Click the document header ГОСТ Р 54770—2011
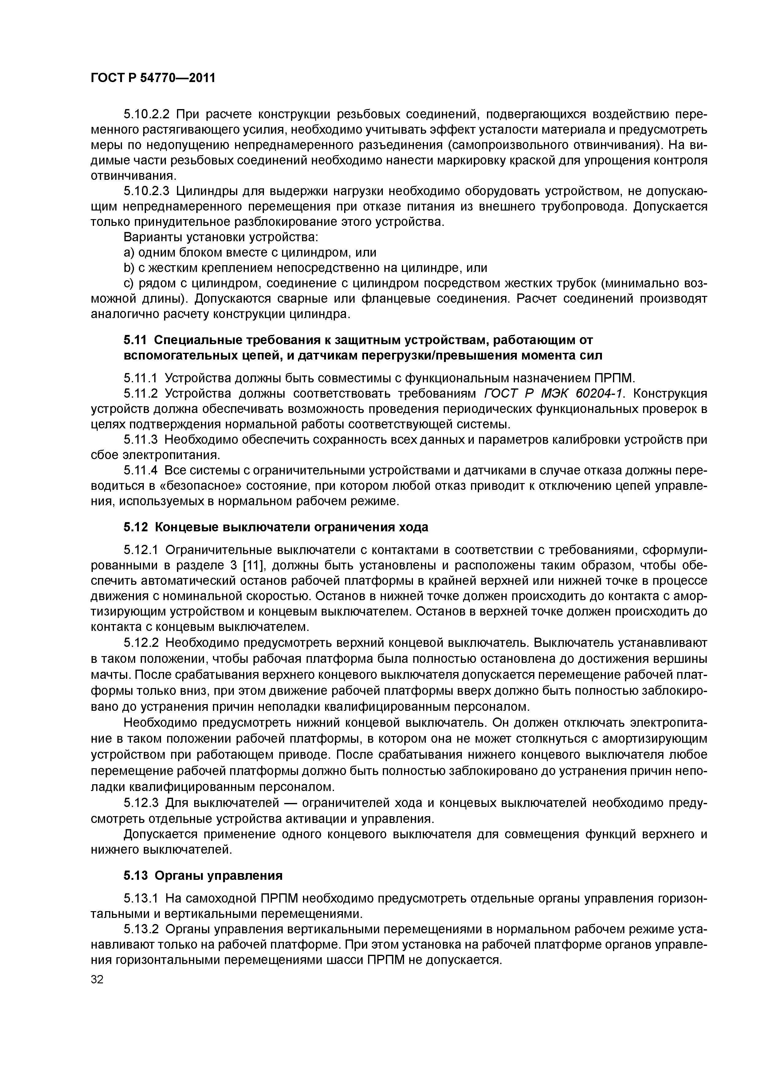click(x=153, y=78)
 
